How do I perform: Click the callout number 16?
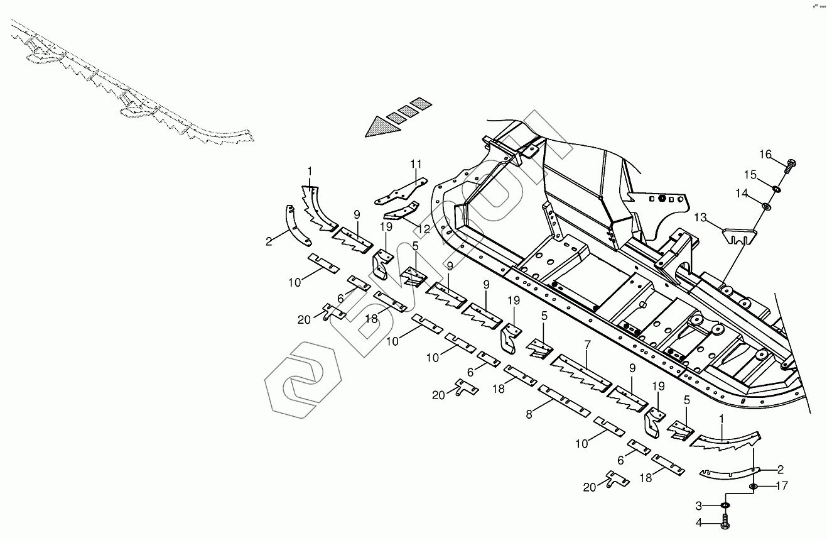point(765,155)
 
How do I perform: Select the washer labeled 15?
point(777,188)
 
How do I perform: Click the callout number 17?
point(781,485)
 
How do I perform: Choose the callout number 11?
point(416,164)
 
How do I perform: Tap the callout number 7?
point(587,345)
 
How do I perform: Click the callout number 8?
point(529,414)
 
